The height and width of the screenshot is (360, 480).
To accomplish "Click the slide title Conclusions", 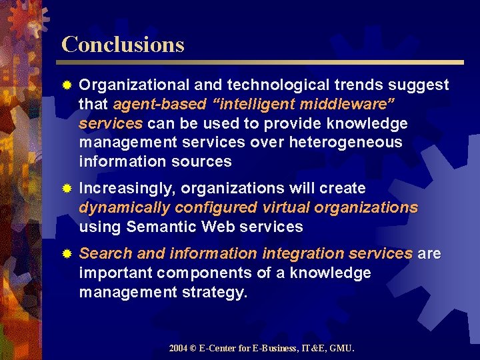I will [x=123, y=45].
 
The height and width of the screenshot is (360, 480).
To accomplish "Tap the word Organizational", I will [x=133, y=85].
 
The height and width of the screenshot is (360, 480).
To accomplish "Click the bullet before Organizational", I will [x=66, y=86].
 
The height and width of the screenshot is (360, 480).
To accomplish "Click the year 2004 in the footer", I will [x=178, y=348].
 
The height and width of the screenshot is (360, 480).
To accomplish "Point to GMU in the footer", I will [x=343, y=348].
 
